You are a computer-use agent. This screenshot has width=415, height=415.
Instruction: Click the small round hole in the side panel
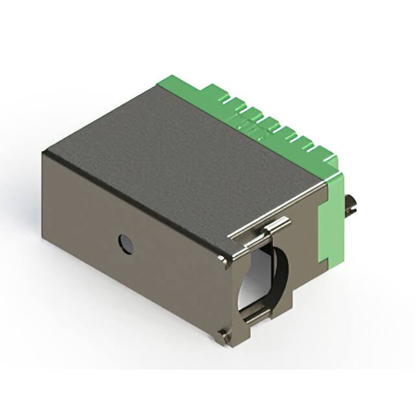[124, 243]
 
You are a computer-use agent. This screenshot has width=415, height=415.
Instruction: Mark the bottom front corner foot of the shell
[224, 333]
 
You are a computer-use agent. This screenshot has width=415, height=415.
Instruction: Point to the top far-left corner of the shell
[44, 153]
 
